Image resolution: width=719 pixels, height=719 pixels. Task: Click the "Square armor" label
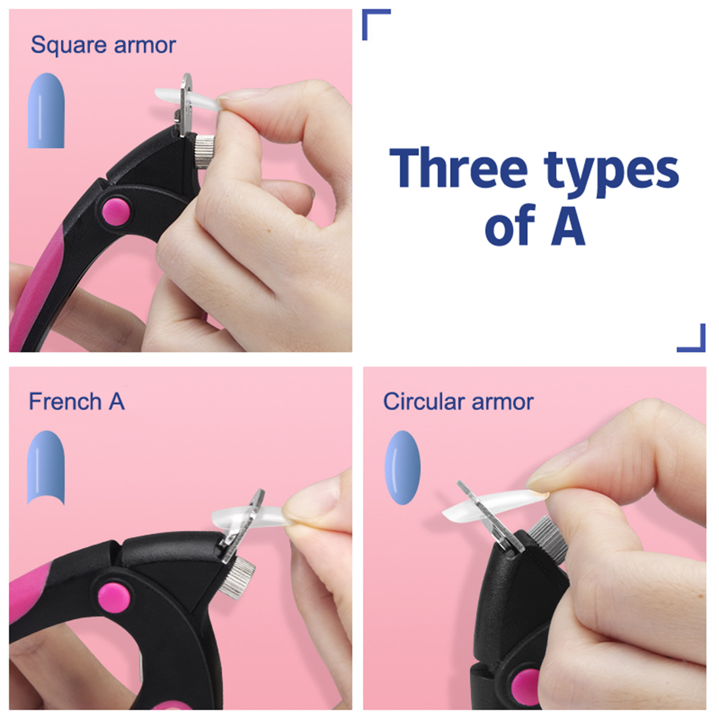coord(103,45)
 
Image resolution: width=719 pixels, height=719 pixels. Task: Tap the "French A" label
coord(77,401)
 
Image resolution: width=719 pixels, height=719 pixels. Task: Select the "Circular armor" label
coord(458,401)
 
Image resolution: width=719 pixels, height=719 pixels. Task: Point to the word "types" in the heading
coord(612,173)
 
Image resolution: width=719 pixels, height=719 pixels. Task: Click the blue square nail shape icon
coord(46,111)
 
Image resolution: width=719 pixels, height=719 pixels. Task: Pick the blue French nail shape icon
coord(46,468)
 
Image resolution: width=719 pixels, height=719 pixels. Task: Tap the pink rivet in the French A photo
coord(114,598)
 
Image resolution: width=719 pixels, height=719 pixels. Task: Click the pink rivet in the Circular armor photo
coord(526,688)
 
